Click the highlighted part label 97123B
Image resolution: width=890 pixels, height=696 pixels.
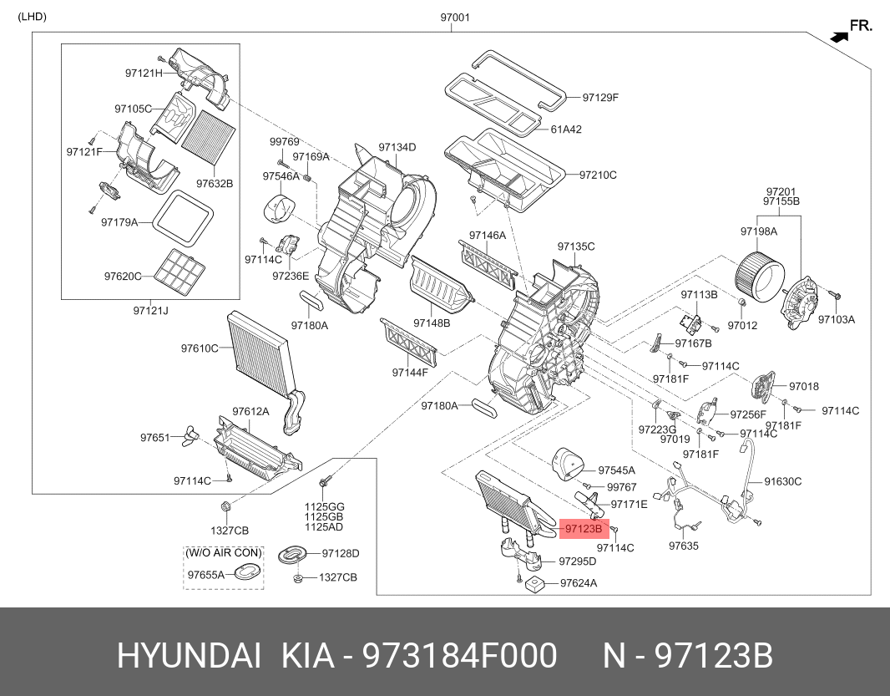coord(583,529)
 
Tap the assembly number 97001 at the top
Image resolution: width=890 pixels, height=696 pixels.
coord(455,17)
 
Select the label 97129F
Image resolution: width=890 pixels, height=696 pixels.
coord(600,98)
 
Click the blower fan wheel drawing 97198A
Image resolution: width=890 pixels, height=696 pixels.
coord(760,269)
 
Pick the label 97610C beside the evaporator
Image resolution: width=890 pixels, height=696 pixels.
coord(200,348)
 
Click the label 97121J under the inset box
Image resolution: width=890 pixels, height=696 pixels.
coord(150,311)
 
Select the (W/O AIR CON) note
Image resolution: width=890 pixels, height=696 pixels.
coord(224,553)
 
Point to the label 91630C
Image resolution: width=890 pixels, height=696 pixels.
coord(784,481)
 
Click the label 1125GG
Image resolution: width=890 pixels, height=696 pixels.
coord(324,507)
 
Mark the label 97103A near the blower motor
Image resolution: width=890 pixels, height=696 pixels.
coord(837,319)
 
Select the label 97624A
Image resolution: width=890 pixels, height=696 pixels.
coord(579,583)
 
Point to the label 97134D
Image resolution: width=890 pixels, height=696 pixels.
coord(397,147)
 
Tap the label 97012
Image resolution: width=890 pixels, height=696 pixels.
coord(741,324)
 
